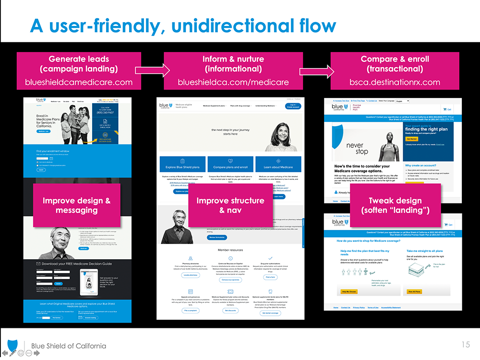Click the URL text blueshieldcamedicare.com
[79, 82]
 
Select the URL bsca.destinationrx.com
[395, 82]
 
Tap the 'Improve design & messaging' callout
[77, 205]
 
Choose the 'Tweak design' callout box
[395, 205]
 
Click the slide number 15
[466, 344]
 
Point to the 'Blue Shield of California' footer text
[69, 346]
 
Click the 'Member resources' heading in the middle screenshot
[230, 250]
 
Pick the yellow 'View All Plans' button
[414, 291]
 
